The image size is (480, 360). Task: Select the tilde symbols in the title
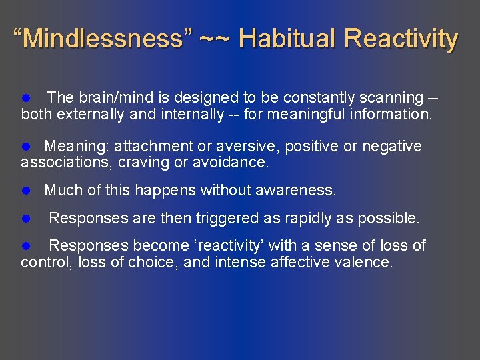(215, 39)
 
